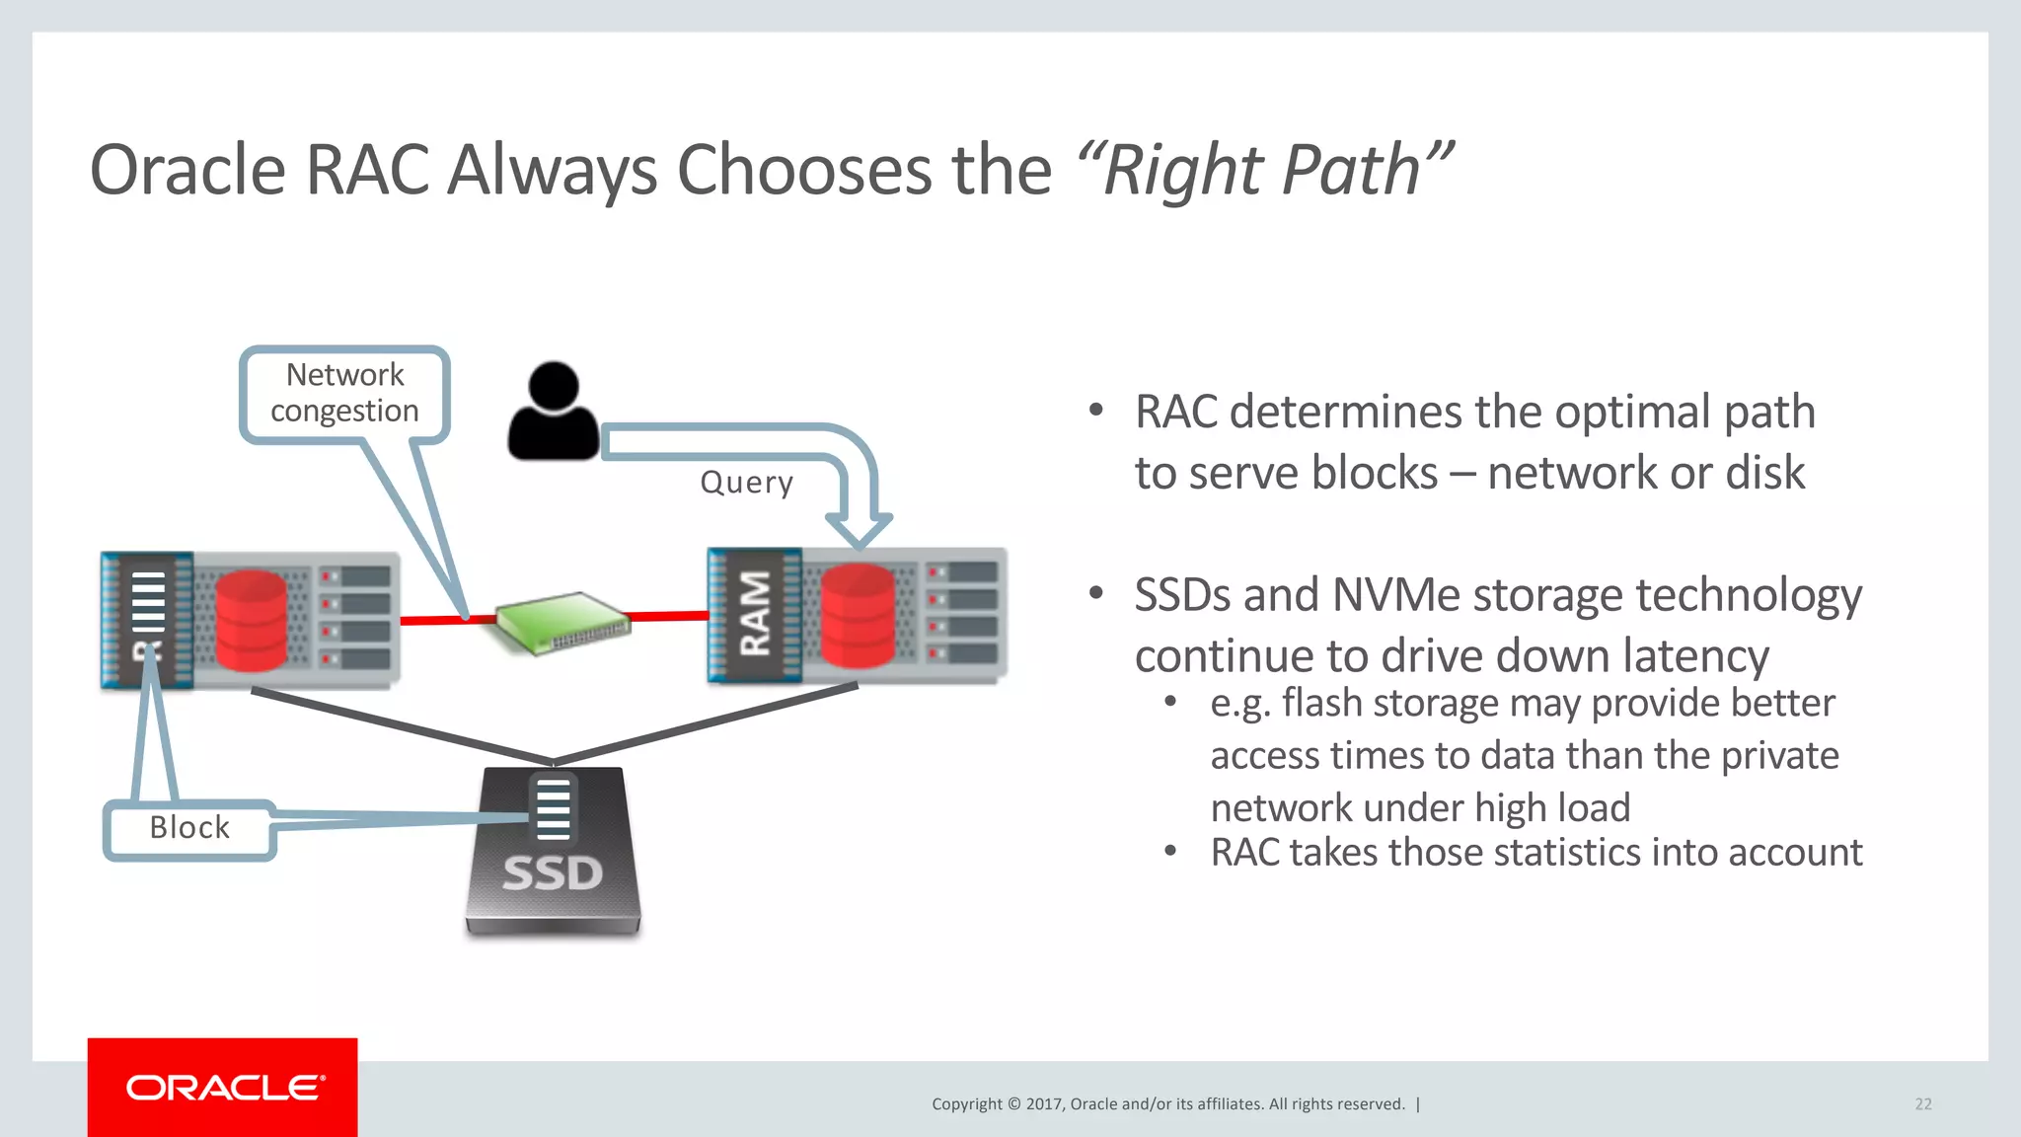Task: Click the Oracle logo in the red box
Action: point(224,1088)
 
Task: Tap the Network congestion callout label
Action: point(344,393)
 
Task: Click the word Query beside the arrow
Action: point(746,483)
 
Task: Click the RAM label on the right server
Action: point(755,614)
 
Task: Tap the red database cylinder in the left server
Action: point(251,621)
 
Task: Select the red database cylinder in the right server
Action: point(858,616)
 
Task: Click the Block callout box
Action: point(189,828)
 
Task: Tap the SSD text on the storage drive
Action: point(553,873)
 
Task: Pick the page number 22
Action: point(1922,1104)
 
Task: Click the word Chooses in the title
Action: point(804,171)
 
